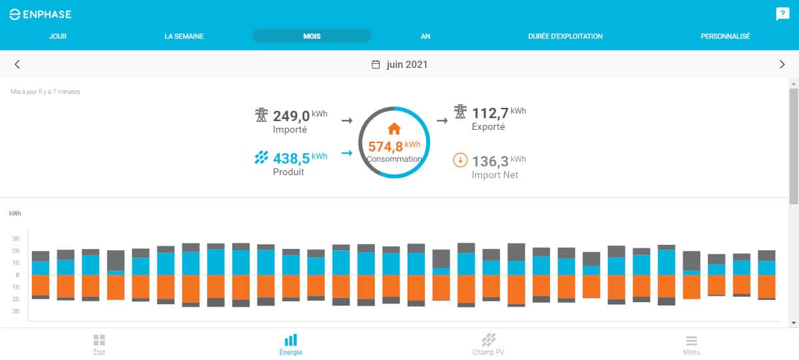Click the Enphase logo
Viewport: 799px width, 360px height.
click(x=40, y=14)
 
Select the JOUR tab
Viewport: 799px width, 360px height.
click(x=58, y=36)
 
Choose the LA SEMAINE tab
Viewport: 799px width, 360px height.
click(x=184, y=36)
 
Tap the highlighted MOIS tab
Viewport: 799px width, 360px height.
click(x=312, y=36)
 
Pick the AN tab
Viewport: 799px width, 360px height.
click(x=425, y=36)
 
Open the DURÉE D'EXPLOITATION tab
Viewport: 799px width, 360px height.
click(x=565, y=36)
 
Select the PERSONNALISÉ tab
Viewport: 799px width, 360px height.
click(x=725, y=36)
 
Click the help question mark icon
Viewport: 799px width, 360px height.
click(x=782, y=14)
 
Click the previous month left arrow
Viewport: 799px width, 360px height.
click(x=17, y=65)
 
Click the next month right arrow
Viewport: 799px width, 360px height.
click(x=782, y=65)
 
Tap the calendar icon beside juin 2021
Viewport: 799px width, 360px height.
click(x=376, y=65)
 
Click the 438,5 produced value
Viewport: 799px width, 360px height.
click(x=292, y=158)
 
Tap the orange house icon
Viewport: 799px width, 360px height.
click(x=394, y=128)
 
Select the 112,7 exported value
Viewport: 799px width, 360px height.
click(x=490, y=113)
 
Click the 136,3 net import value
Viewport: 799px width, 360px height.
click(x=490, y=161)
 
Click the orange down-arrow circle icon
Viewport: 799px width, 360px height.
click(x=459, y=160)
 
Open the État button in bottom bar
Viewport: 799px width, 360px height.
click(x=99, y=344)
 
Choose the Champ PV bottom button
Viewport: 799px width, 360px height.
click(x=489, y=344)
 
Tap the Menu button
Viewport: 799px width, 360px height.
click(x=691, y=344)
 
